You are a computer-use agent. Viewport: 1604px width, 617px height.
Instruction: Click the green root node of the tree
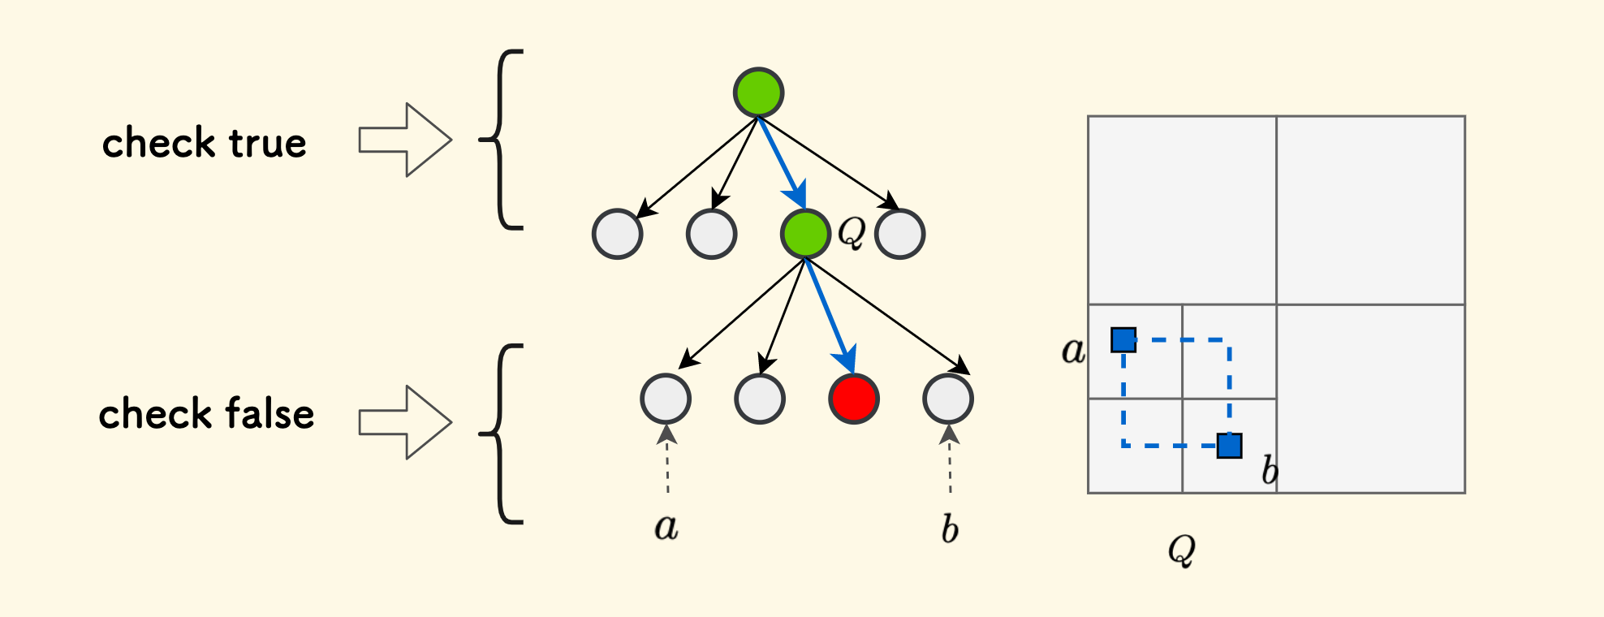coord(758,93)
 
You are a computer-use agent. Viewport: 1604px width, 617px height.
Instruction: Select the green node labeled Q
coord(805,234)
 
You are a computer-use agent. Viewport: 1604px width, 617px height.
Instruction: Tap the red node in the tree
coord(853,399)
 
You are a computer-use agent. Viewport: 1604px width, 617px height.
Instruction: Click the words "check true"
coord(205,143)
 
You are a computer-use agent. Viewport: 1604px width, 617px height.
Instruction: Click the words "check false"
coord(206,414)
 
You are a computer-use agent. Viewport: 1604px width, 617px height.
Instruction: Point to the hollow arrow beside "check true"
coord(404,140)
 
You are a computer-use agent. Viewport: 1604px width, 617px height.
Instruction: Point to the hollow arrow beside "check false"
coord(404,422)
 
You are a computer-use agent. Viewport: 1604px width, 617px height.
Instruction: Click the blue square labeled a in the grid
coord(1123,339)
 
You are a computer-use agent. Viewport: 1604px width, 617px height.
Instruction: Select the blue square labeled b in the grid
coord(1229,446)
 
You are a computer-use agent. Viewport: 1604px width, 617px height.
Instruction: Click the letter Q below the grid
coord(1181,550)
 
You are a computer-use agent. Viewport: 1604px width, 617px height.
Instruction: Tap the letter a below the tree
coord(666,528)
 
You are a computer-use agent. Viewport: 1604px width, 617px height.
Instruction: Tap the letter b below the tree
coord(949,529)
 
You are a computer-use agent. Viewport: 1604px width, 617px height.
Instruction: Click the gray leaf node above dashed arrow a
coord(666,399)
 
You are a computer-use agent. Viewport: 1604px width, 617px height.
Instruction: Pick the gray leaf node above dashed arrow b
coord(948,399)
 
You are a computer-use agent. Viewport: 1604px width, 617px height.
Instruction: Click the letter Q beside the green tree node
coord(851,233)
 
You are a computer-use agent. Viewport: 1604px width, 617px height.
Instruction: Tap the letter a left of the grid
coord(1073,351)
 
